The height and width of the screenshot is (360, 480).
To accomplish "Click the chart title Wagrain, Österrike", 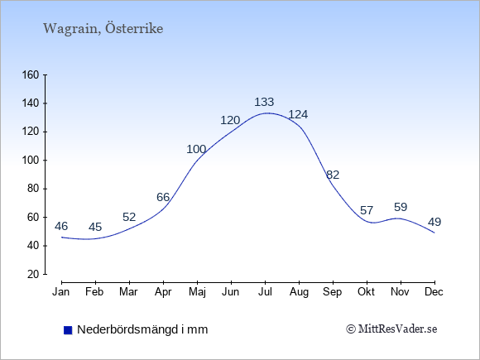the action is (x=103, y=29).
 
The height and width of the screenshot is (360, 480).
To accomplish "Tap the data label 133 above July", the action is (x=264, y=102).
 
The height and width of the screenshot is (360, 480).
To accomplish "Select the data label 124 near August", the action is (x=298, y=114).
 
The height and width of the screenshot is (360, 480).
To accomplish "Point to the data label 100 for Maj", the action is (x=196, y=150).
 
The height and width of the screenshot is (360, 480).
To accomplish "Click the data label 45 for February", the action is (x=95, y=227).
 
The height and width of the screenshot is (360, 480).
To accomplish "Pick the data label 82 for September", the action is (x=333, y=175).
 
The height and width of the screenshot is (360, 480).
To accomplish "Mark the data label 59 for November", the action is (x=401, y=207).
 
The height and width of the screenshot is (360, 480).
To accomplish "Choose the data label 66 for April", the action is (x=163, y=197).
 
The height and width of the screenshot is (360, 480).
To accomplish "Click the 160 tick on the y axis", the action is (x=31, y=75).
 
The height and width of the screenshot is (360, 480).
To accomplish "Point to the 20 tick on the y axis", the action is (x=33, y=274).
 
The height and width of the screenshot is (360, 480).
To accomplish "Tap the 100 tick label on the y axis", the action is (x=31, y=161).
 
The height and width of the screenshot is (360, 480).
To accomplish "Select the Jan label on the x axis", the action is (x=60, y=292).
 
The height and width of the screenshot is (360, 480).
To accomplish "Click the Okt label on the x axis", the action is (x=366, y=292).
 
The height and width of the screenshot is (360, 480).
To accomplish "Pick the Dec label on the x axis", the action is (x=434, y=292).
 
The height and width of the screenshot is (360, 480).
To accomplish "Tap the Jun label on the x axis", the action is (x=231, y=292).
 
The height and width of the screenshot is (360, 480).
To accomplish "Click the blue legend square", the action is (x=68, y=330).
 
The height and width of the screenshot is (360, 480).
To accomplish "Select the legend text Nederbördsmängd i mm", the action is (x=142, y=329).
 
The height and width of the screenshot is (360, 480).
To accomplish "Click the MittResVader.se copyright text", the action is (x=391, y=329).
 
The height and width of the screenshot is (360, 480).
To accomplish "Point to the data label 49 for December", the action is (x=434, y=222).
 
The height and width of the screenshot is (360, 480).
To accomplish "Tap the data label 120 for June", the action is (x=230, y=120).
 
